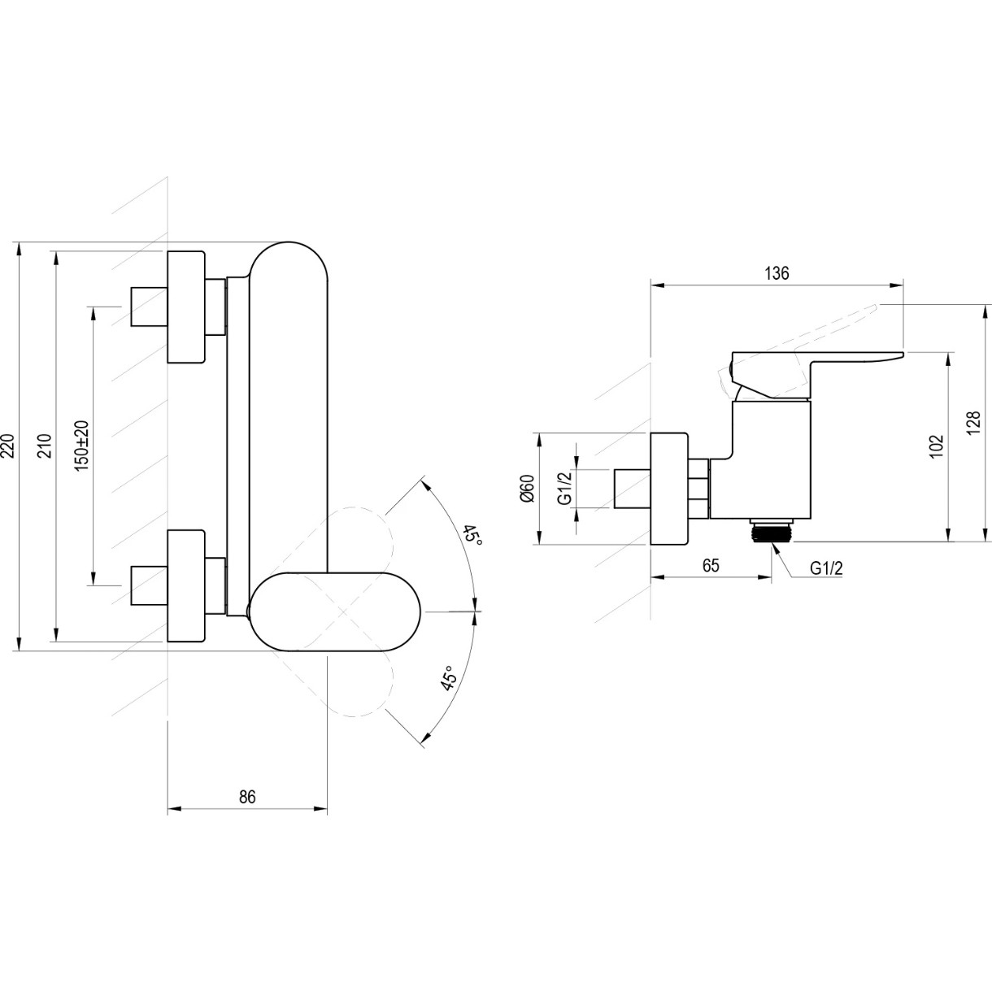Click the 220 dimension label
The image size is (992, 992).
coord(7,446)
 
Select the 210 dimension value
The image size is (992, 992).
coord(46,446)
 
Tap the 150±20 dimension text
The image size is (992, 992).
coord(82,446)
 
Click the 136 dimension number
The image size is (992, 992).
coord(777,273)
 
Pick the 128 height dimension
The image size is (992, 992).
coord(973,423)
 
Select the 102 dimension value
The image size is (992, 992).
coord(937,446)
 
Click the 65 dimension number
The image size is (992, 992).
coord(711,565)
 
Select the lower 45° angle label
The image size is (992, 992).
coord(448,677)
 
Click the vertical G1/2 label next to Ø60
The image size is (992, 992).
coord(565,489)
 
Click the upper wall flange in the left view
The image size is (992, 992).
coord(186,307)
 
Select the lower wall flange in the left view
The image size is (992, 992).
coord(186,585)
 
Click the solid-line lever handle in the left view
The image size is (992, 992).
coord(335,611)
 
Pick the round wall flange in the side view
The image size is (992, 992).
coord(669,489)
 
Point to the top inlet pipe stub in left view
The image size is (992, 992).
coord(150,307)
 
